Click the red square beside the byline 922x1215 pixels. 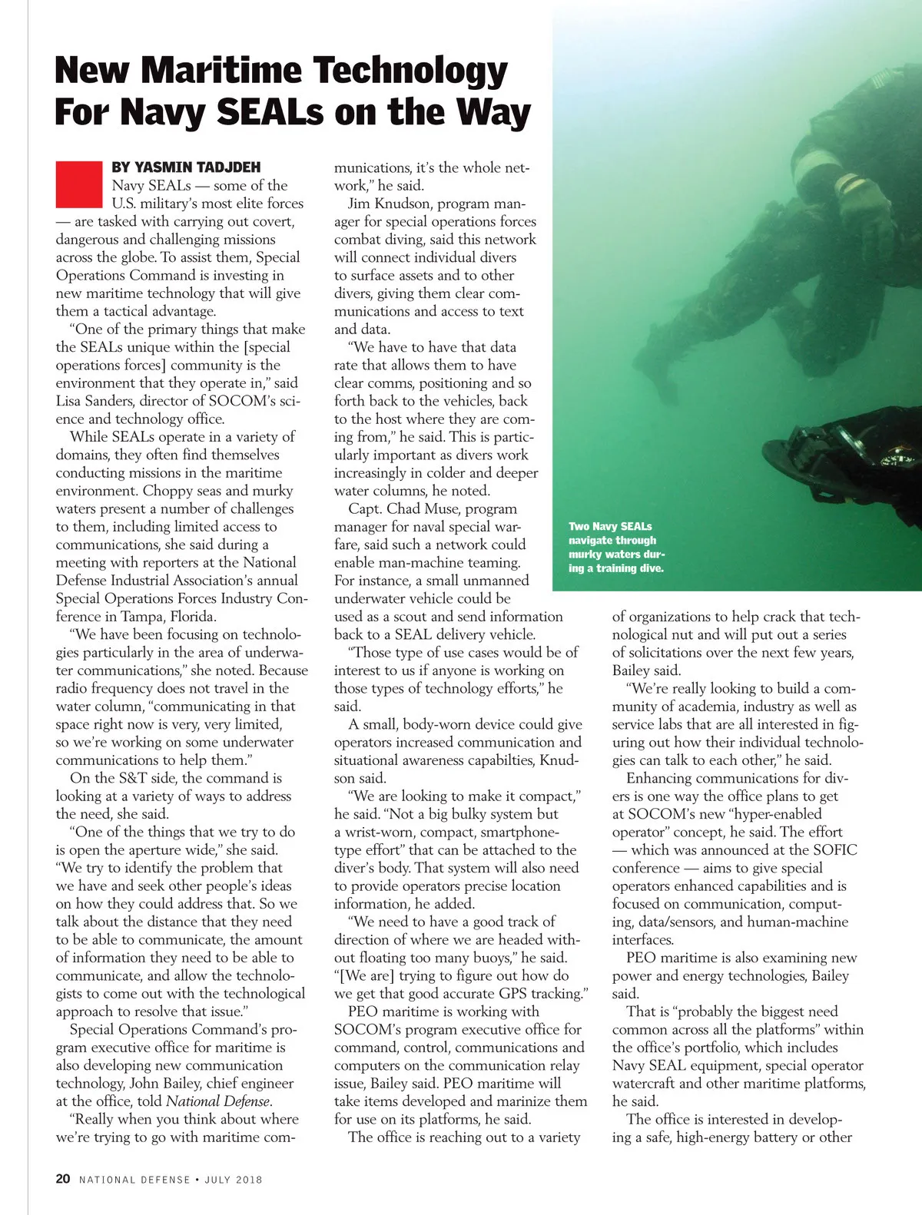[x=78, y=184]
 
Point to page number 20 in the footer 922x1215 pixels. [x=63, y=1179]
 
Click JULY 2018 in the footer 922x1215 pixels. [x=233, y=1180]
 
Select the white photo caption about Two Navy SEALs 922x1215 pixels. [x=616, y=547]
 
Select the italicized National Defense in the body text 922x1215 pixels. [x=218, y=1101]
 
